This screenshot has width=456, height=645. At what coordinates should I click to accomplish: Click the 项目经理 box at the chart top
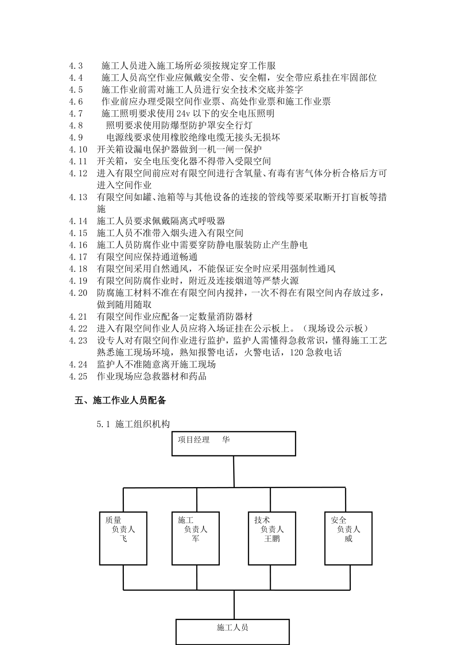[234, 443]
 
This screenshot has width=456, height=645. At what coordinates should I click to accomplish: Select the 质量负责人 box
[123, 538]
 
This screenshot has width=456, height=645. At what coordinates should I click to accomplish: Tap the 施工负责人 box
[195, 538]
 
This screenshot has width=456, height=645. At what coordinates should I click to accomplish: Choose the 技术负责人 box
[272, 538]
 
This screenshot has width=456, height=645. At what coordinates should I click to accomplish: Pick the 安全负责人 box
[348, 538]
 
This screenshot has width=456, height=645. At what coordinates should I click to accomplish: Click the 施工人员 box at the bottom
[233, 631]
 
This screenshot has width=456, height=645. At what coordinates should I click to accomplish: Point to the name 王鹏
[272, 539]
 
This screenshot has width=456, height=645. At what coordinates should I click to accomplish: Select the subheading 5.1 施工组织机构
[133, 424]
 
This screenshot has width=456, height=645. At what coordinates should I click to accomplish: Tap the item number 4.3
[76, 66]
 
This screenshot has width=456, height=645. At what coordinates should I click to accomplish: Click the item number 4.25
[78, 377]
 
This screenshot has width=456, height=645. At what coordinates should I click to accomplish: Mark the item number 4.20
[78, 293]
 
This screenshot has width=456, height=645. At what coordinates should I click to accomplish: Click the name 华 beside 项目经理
[226, 440]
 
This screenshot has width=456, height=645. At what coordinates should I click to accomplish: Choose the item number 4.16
[78, 245]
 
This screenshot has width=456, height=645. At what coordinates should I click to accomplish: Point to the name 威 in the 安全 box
[348, 539]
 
